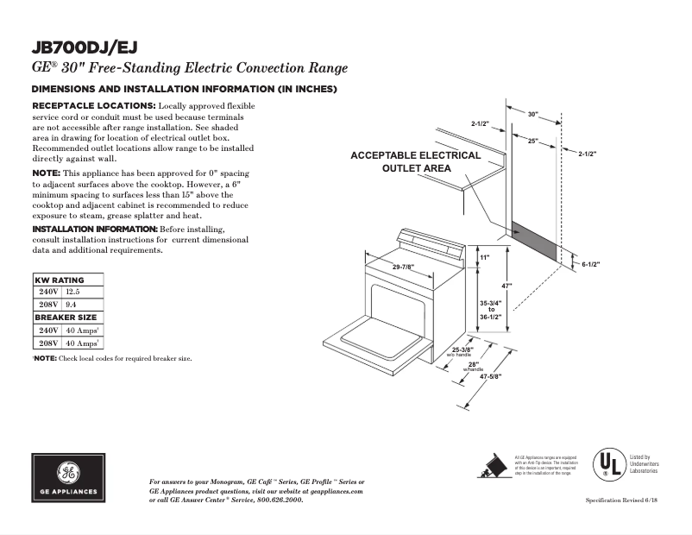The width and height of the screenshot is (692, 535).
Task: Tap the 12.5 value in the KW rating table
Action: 72,292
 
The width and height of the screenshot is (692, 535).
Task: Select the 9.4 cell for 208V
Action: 71,305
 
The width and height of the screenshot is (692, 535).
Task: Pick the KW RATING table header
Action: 60,280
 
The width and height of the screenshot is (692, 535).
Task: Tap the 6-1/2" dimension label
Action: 591,263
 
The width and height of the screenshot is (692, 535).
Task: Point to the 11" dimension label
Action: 485,258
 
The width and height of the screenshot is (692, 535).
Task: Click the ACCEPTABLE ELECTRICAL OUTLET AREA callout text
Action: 416,161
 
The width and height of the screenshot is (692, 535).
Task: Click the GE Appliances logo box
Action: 69,476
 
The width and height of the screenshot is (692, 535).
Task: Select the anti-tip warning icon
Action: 494,465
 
